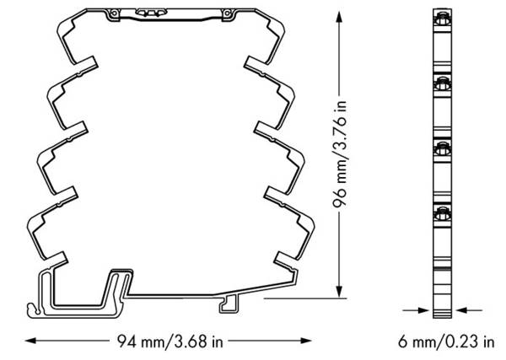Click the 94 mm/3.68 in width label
170,341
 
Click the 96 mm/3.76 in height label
340,153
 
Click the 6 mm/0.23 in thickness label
446,341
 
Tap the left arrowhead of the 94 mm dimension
30,341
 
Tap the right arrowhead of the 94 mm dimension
306,341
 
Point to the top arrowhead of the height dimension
339,17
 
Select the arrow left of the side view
417,310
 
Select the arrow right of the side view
469,310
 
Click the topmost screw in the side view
443,20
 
